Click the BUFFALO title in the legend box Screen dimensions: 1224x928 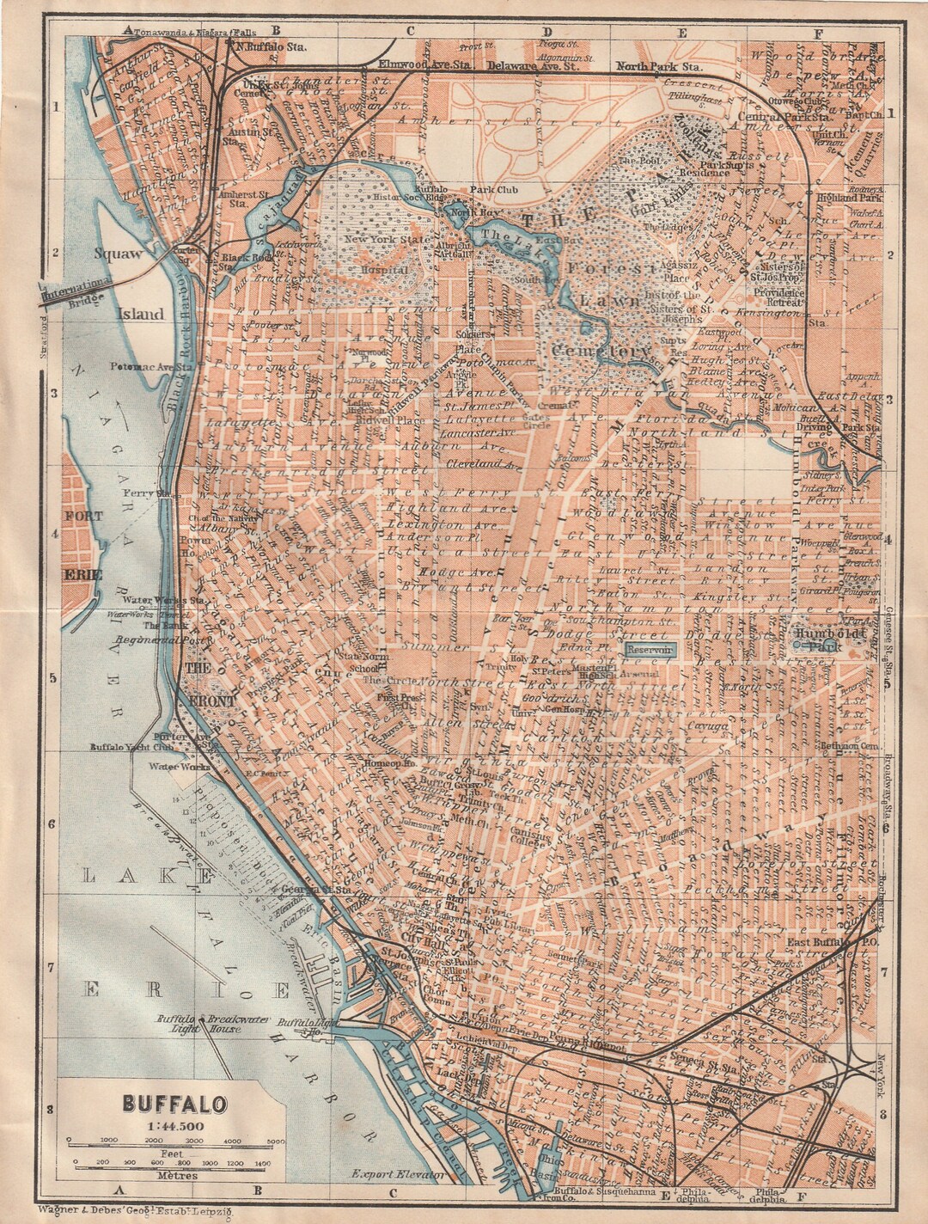click(174, 1102)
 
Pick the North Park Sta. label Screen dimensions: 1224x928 click(659, 66)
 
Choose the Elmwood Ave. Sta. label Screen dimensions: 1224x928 click(426, 64)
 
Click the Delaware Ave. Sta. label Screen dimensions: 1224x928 click(540, 64)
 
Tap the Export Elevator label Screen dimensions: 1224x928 click(397, 1173)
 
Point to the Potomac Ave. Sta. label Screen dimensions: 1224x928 click(151, 366)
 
